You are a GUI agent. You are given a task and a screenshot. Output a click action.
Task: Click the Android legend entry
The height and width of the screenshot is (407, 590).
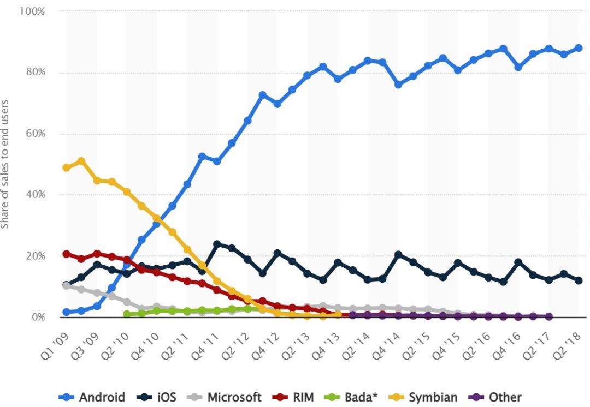pos(92,397)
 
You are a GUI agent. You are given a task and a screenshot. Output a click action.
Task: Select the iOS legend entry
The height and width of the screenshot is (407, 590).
pos(156,397)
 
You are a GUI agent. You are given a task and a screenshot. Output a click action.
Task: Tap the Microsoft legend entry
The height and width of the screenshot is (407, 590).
pos(225,397)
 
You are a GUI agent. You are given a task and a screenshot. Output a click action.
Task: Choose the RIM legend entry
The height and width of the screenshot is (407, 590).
pos(293,397)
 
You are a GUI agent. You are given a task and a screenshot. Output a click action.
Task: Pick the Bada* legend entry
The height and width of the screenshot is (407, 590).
pos(351,397)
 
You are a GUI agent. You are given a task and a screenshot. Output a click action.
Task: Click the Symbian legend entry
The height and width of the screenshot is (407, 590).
pos(423,397)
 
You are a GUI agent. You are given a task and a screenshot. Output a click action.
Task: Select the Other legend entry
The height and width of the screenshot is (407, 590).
pos(495,397)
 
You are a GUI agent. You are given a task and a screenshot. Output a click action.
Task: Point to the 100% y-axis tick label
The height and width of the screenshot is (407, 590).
pos(32,11)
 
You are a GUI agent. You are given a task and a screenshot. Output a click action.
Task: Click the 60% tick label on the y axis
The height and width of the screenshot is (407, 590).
pos(36,134)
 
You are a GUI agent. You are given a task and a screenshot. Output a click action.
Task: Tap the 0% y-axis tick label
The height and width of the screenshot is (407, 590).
pos(38,317)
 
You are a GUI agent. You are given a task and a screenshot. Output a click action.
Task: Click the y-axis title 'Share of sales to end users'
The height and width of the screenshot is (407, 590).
pos(4,164)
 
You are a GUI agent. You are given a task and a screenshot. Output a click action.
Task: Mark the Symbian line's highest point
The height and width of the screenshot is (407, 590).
pos(81,161)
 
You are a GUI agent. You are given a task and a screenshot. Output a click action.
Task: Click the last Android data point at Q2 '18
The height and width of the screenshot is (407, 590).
pos(579,48)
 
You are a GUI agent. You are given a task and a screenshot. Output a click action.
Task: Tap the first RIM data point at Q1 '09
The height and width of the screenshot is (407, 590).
pos(67,254)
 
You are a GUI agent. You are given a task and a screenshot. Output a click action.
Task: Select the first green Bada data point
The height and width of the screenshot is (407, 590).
pos(127,314)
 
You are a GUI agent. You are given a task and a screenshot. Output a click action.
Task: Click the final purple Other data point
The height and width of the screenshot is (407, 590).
pos(548,316)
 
